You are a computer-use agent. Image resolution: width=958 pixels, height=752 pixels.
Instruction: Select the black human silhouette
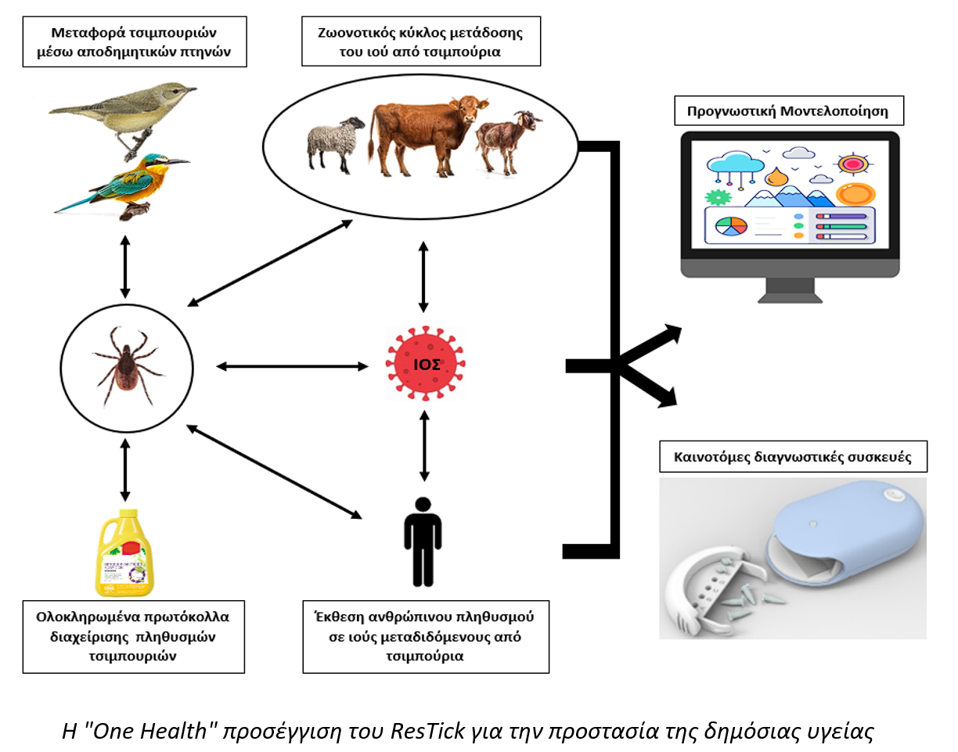point(423,541)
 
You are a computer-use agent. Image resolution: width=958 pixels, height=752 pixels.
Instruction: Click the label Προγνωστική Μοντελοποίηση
point(788,111)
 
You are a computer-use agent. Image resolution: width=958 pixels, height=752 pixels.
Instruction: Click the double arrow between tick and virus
point(292,365)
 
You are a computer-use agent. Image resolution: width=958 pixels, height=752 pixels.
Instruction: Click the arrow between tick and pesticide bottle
point(124,468)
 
